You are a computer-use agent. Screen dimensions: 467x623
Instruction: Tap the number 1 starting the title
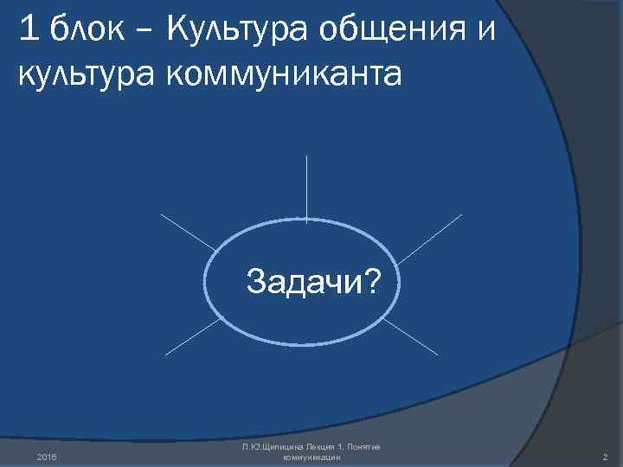(x=29, y=31)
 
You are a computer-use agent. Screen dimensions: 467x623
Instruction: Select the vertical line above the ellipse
(x=306, y=186)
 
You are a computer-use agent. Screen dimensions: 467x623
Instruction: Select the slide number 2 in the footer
(x=603, y=456)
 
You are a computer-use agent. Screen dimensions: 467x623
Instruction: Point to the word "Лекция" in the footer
(x=320, y=445)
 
